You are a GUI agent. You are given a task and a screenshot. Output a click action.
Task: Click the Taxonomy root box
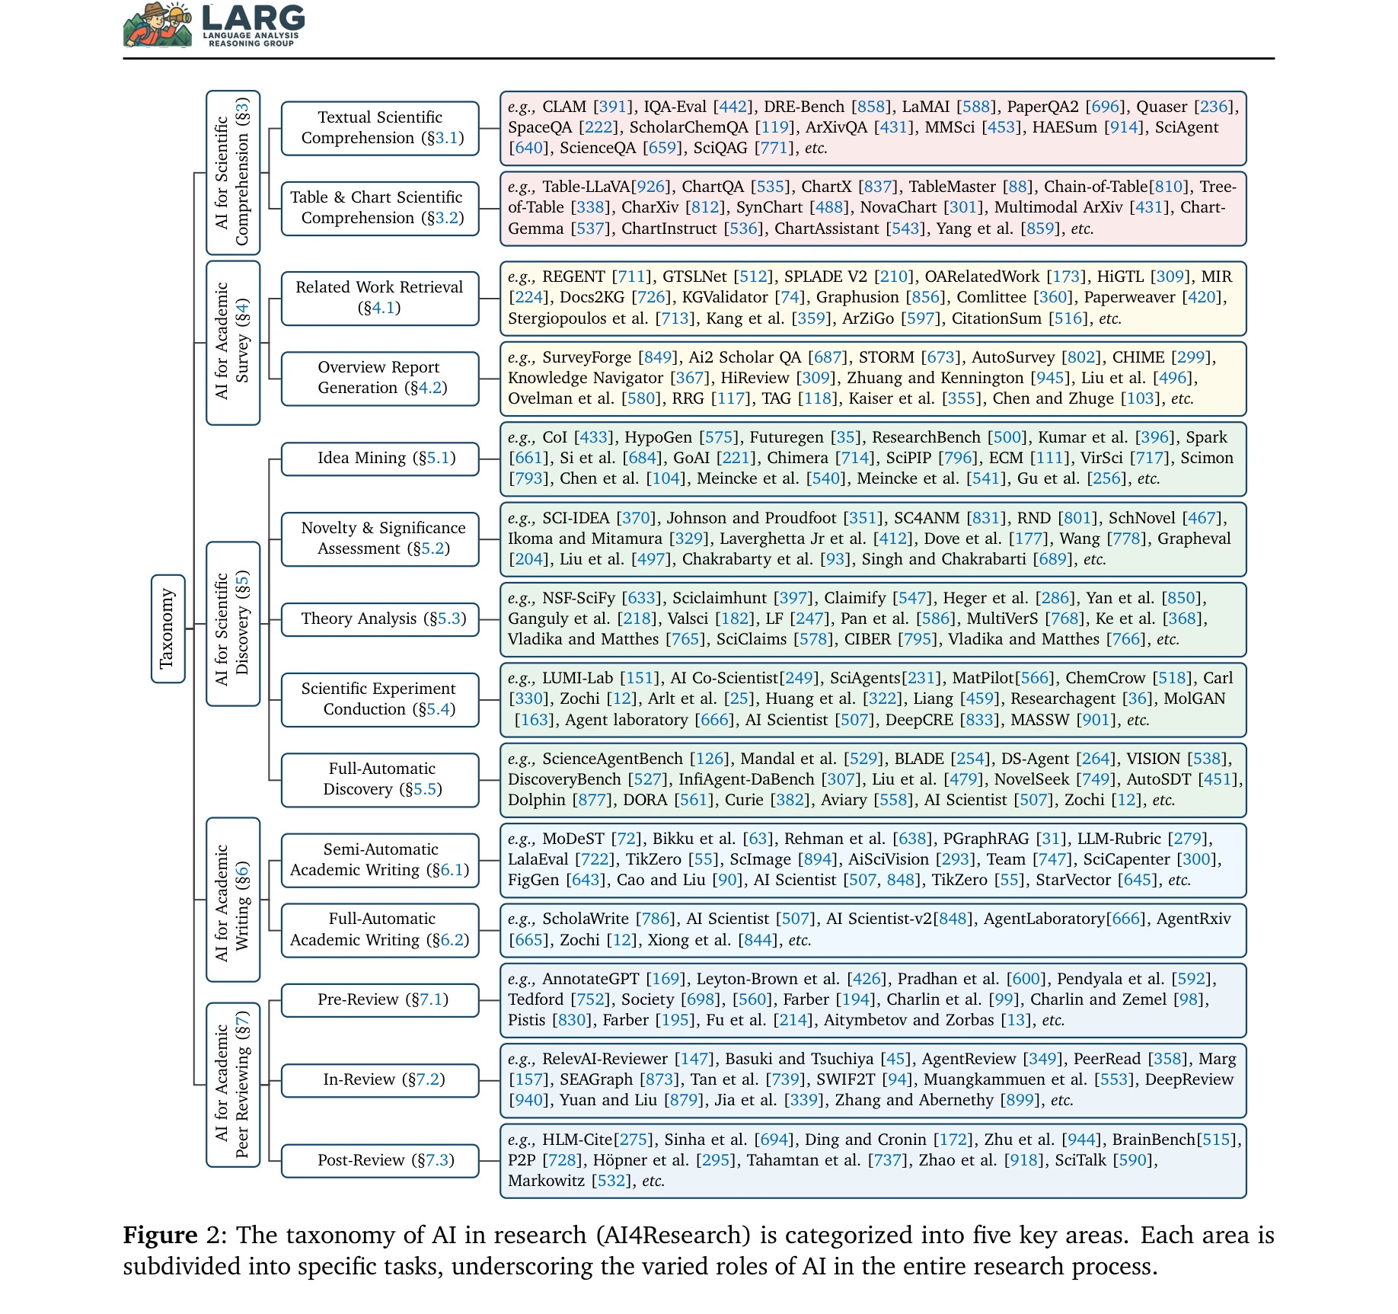tap(168, 628)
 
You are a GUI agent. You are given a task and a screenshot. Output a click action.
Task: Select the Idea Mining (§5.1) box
tap(379, 459)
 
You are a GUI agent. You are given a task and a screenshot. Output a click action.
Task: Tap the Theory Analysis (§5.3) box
tap(379, 619)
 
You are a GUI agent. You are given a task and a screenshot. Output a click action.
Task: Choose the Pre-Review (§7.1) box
tap(379, 999)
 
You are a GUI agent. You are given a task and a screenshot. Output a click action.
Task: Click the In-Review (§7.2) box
tap(379, 1079)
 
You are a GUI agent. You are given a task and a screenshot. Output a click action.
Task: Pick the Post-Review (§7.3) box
tap(379, 1160)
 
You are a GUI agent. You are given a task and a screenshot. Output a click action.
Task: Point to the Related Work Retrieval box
tap(379, 298)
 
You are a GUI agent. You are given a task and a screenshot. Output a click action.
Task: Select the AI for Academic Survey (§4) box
tap(232, 342)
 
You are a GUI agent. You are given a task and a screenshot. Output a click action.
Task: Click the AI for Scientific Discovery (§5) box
tap(232, 624)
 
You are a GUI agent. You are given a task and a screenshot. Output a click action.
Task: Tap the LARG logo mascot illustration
tap(158, 25)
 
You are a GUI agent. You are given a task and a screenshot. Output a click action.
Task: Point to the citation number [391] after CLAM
tap(613, 107)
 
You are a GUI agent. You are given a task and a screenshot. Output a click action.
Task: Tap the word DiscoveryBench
tap(564, 779)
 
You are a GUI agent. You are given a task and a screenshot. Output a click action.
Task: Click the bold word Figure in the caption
tap(160, 1235)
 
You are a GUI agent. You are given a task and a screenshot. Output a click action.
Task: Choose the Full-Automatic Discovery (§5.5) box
tap(379, 779)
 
